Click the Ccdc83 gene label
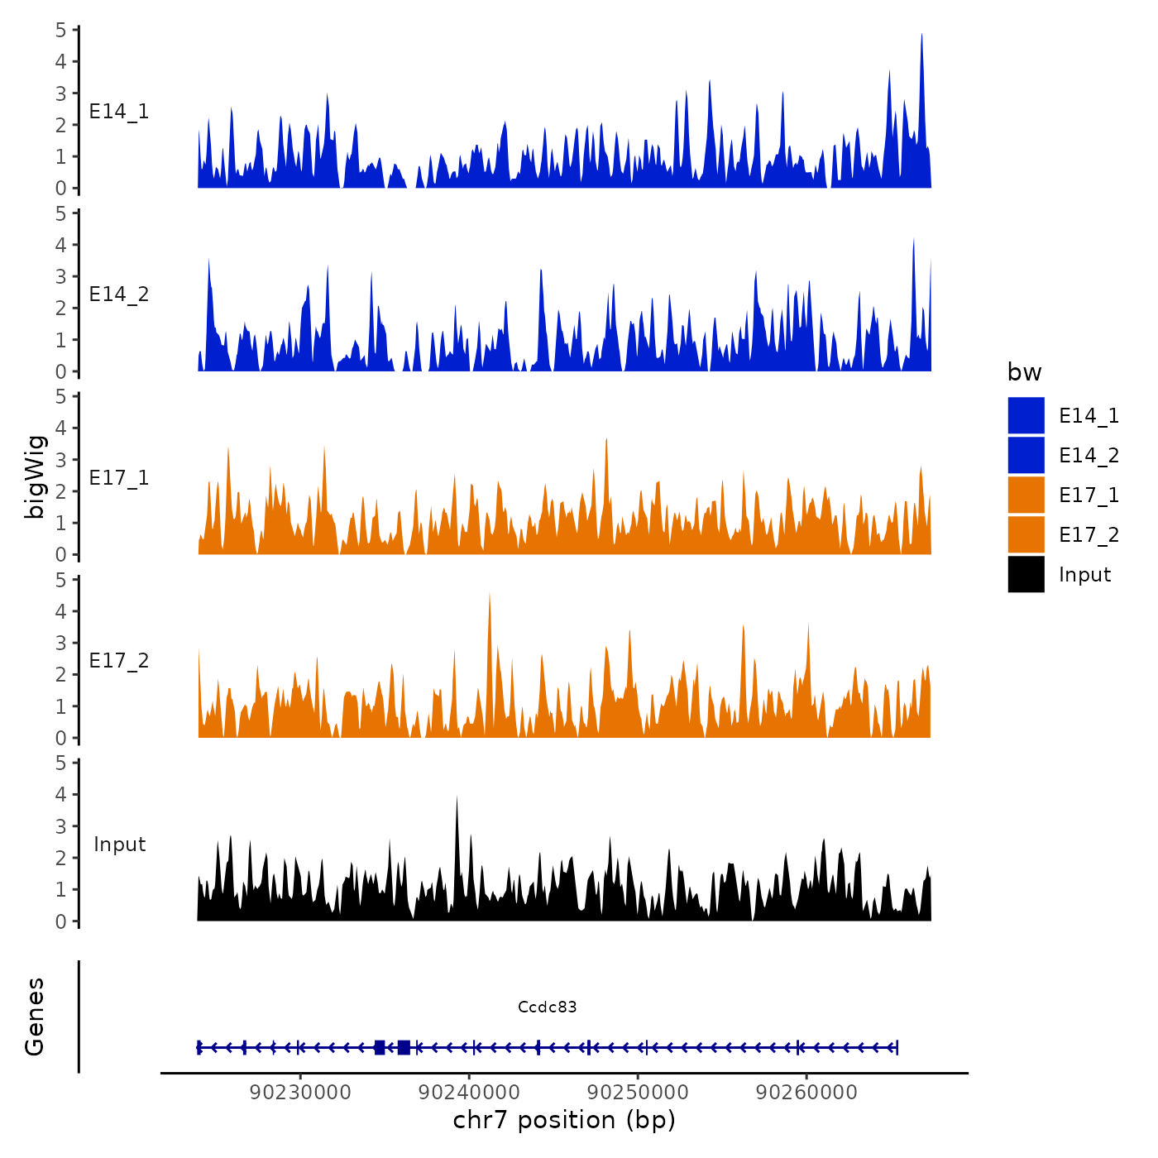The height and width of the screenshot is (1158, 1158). [x=547, y=1007]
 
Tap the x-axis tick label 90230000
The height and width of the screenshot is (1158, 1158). [x=300, y=1092]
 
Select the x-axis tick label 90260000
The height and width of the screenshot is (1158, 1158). [x=806, y=1092]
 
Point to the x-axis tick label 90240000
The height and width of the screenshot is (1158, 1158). [x=469, y=1092]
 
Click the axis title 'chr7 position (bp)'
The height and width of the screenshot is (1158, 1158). [x=564, y=1120]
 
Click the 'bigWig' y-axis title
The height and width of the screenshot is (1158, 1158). [x=35, y=476]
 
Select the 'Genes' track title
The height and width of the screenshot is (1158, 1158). [x=35, y=1017]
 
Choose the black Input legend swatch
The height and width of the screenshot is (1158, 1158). [x=1026, y=575]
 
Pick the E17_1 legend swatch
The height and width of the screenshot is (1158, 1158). [x=1026, y=495]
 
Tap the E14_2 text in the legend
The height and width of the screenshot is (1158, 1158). [x=1089, y=456]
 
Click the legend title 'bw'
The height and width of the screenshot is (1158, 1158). [x=1024, y=372]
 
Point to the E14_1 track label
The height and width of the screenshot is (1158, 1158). [x=119, y=112]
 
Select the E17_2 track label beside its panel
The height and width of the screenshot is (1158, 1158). [x=119, y=661]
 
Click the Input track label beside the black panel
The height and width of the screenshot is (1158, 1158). [x=119, y=845]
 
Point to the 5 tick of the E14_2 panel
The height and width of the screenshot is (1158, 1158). [x=60, y=213]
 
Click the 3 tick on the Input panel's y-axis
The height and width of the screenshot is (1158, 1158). [x=60, y=826]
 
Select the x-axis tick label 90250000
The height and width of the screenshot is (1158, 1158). [x=638, y=1092]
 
